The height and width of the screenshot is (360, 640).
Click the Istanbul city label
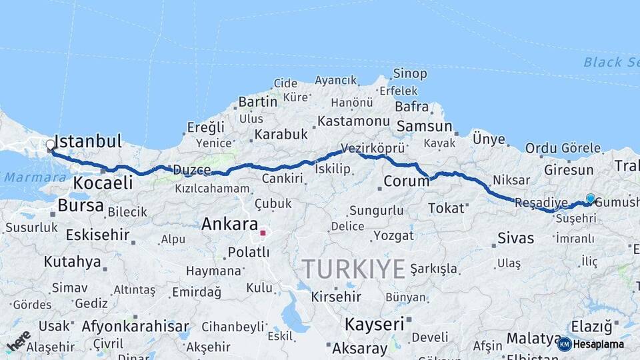tap(88, 141)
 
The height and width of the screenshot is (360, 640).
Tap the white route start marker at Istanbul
tap(51, 145)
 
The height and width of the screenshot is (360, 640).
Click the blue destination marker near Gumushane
tap(590, 198)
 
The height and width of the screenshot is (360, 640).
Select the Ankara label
tap(229, 224)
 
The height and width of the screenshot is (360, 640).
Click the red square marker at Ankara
tap(263, 233)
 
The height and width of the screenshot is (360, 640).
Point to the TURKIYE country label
tap(354, 269)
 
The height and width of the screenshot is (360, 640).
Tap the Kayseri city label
tap(374, 325)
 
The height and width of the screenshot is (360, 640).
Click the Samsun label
tap(424, 126)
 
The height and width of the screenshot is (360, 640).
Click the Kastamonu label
tap(353, 121)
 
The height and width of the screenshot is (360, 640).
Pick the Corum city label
tap(407, 181)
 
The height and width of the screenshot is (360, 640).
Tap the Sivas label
tap(515, 237)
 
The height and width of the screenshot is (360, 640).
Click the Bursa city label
tap(80, 205)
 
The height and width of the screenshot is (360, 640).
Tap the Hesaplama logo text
tap(598, 344)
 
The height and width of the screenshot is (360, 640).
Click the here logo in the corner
tap(19, 340)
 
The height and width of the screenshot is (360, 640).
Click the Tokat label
tap(446, 208)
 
